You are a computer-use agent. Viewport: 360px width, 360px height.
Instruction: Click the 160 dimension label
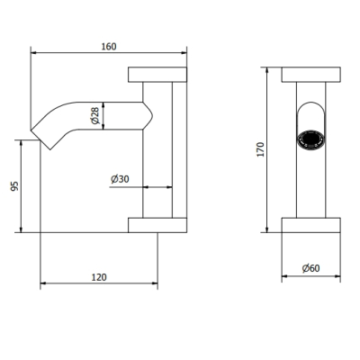tap(109, 47)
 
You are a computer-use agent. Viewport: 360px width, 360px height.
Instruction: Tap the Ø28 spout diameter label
tap(94, 116)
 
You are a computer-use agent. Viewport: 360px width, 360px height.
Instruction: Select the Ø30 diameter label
tap(120, 179)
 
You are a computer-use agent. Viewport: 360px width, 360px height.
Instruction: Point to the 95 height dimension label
tap(14, 186)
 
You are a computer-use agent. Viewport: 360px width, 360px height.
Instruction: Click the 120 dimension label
tap(99, 277)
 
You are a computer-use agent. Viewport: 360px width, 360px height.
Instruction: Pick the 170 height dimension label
tap(260, 149)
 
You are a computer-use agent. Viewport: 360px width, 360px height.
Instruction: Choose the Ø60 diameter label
tap(311, 268)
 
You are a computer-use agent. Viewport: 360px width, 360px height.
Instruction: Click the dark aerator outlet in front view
tap(310, 139)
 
